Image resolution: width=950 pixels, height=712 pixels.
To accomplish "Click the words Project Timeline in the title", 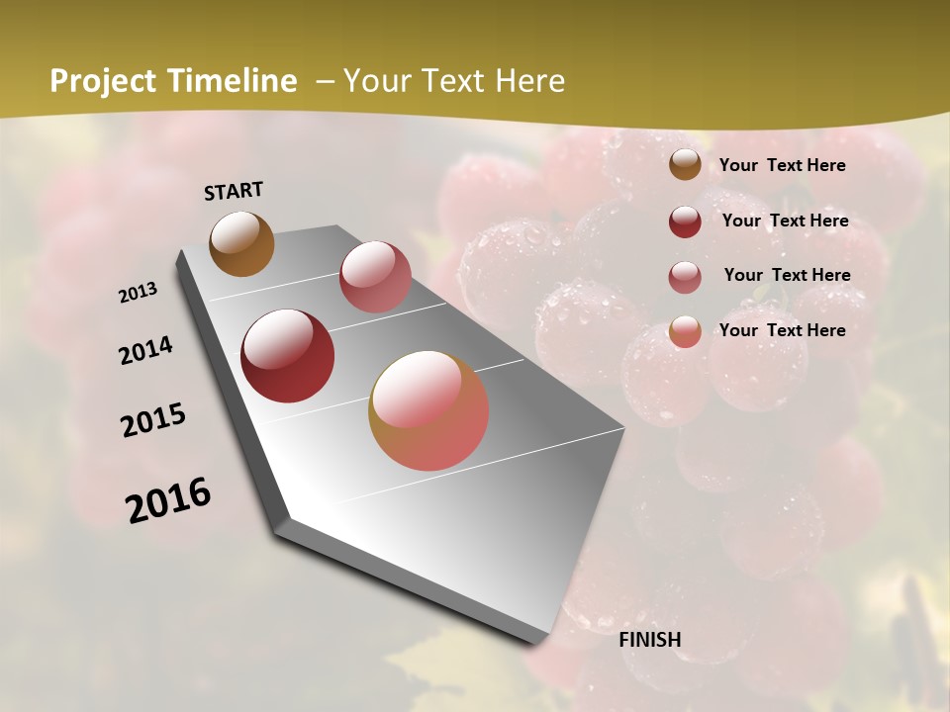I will tap(173, 81).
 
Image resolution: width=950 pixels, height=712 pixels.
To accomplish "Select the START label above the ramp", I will tap(234, 191).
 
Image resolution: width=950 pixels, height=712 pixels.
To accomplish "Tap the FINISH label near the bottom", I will tap(650, 640).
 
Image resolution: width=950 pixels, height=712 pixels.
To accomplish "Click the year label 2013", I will tap(139, 293).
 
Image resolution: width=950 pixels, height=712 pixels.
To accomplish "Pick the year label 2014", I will tap(146, 350).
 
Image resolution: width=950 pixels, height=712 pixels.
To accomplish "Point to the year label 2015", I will tap(153, 420).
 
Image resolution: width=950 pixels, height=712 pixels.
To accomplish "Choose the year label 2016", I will tap(168, 499).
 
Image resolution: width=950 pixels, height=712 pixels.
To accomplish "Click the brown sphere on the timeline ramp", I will tap(241, 243).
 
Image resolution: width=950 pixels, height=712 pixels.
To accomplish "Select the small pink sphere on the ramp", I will tap(375, 276).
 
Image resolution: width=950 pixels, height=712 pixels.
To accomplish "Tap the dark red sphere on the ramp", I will tap(287, 356).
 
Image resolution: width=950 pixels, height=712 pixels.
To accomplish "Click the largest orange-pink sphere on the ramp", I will tap(428, 410).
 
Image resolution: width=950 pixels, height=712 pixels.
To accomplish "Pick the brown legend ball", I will tap(685, 165).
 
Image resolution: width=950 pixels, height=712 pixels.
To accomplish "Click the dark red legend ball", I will tap(685, 222).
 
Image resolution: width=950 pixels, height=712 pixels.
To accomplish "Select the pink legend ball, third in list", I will tap(685, 277).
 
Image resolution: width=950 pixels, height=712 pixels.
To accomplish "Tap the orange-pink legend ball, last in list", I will tap(685, 331).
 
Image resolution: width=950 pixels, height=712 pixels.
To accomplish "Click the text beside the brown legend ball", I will tap(782, 165).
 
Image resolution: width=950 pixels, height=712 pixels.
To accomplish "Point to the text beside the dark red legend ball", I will tap(785, 221).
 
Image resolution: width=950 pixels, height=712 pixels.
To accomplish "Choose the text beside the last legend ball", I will tap(782, 330).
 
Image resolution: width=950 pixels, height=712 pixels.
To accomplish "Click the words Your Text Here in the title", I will tap(453, 81).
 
